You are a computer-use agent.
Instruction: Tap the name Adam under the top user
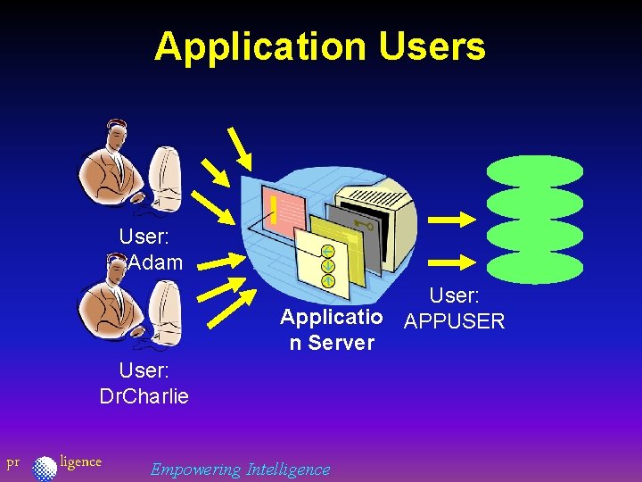point(156,262)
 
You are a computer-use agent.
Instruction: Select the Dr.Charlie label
point(144,395)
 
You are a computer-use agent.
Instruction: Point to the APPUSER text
point(455,321)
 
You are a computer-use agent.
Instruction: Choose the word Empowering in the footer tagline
point(195,469)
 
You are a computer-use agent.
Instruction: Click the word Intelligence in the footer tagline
point(288,469)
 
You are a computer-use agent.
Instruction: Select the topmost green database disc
point(535,170)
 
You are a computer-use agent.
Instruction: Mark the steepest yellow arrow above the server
point(239,147)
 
